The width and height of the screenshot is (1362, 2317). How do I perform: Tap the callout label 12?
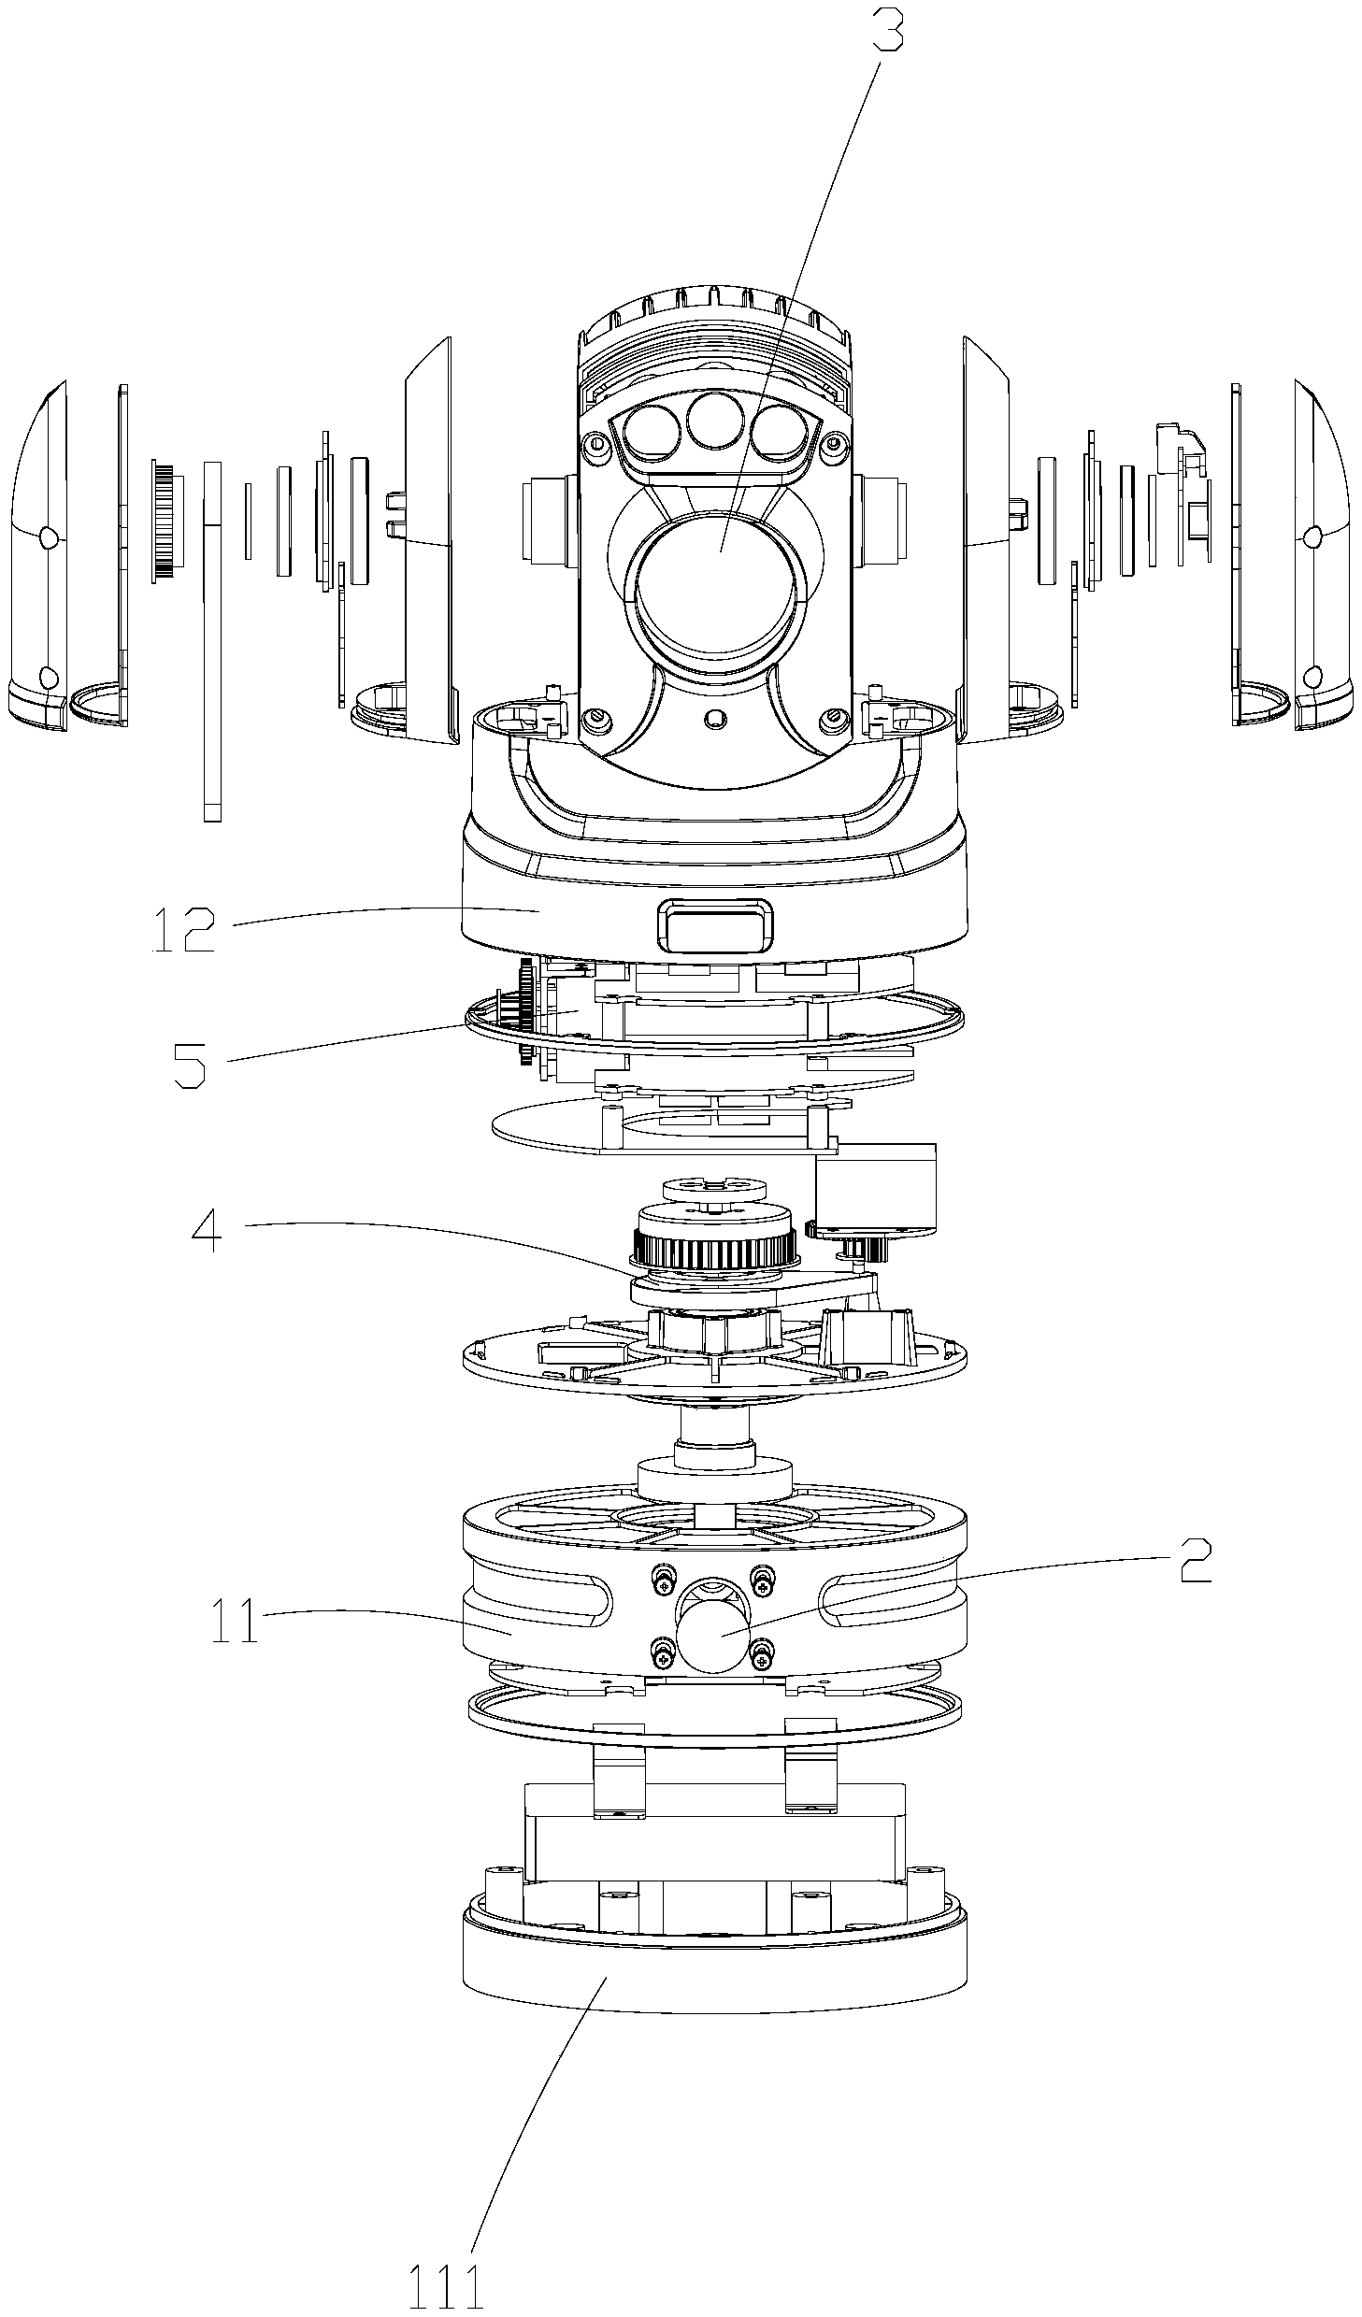click(x=185, y=929)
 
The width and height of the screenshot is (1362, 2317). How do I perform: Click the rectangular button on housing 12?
click(x=713, y=925)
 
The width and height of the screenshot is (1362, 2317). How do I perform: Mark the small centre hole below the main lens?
click(x=716, y=718)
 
